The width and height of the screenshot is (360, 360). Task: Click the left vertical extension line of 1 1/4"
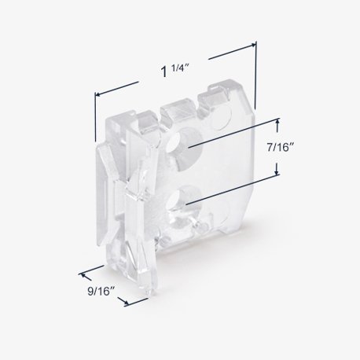[96, 118]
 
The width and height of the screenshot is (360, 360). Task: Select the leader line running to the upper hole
[236, 134]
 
